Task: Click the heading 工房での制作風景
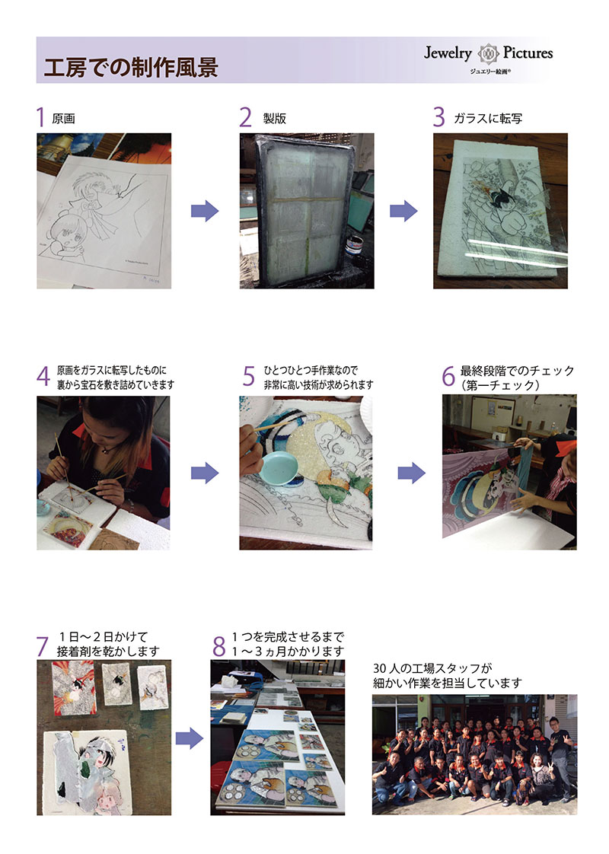click(x=131, y=67)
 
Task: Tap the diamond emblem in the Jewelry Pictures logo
click(x=487, y=53)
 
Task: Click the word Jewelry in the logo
click(x=448, y=53)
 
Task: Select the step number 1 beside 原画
click(x=40, y=117)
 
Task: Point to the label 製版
click(x=275, y=119)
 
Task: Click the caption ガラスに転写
click(x=487, y=119)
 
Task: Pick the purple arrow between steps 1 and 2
click(x=205, y=211)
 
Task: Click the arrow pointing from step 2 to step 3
click(x=403, y=211)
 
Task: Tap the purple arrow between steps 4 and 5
click(x=205, y=473)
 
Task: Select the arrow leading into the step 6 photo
click(x=411, y=473)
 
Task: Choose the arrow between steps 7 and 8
click(x=189, y=738)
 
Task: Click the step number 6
click(x=448, y=376)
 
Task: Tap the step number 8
click(x=219, y=646)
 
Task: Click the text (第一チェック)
click(x=501, y=385)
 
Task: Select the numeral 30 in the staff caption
click(x=380, y=668)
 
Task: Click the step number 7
click(x=43, y=646)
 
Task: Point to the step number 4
click(x=43, y=376)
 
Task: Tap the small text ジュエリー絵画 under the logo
click(x=489, y=72)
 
